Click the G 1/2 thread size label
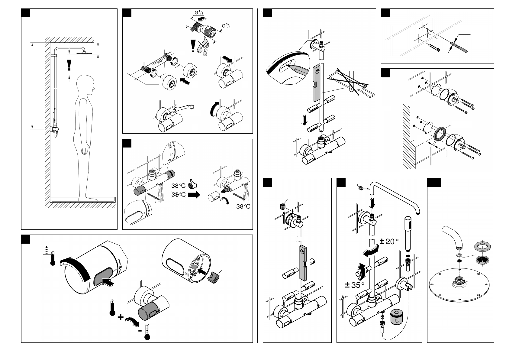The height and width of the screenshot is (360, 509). point(199,13)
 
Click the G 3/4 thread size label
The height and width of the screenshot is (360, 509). point(226,26)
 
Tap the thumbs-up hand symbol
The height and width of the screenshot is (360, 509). point(192,183)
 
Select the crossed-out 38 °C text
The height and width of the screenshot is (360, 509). point(179,195)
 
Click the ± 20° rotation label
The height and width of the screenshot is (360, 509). point(389,241)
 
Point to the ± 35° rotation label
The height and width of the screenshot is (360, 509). point(354,285)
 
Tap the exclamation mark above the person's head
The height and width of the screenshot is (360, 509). point(69,65)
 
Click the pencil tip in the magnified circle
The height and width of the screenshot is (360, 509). point(288,66)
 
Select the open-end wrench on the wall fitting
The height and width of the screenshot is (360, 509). point(184,109)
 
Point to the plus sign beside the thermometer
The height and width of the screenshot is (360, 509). point(121,317)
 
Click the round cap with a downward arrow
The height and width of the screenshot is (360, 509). point(397,318)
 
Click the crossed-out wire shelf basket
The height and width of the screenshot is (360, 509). point(351,83)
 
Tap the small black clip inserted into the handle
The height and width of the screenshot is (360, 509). point(214,278)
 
